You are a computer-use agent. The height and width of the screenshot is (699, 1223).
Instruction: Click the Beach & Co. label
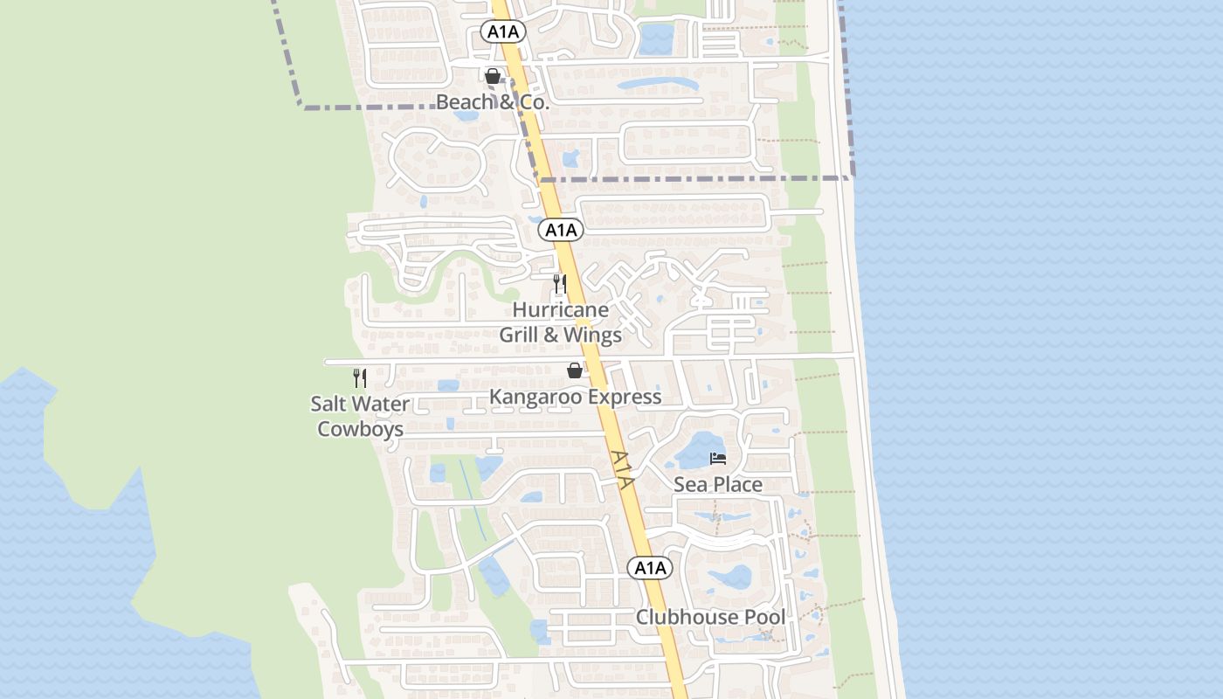coord(492,102)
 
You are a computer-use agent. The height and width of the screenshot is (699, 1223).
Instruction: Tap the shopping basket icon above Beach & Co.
coord(493,76)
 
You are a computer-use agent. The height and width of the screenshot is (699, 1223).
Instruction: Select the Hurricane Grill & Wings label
coord(560,322)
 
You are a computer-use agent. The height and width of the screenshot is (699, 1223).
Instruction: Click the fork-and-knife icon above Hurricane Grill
coord(560,284)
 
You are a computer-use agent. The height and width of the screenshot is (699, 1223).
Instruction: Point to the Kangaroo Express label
coord(575,397)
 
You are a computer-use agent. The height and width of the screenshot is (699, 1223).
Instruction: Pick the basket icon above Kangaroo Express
coord(575,370)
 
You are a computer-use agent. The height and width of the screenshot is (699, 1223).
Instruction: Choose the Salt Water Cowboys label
coord(360,417)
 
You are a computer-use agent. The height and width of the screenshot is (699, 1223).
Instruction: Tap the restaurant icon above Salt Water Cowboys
coord(360,377)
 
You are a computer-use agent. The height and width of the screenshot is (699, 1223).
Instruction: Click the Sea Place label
coord(718,484)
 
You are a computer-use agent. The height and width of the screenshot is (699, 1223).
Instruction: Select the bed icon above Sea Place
coord(718,458)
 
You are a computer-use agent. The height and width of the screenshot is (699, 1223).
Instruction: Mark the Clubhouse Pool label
coord(710,617)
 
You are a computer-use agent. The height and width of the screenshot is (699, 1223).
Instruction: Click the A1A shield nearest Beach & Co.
coord(503,32)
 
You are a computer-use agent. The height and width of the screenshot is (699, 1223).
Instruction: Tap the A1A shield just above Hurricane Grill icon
coord(560,230)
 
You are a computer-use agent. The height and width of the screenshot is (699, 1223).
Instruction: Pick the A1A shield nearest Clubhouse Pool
coord(650,568)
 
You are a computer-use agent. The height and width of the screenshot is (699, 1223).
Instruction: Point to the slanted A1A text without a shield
coord(622,469)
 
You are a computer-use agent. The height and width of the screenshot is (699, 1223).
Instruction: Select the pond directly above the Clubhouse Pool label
coord(730,577)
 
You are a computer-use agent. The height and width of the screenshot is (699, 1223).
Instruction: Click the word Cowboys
coord(360,429)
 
